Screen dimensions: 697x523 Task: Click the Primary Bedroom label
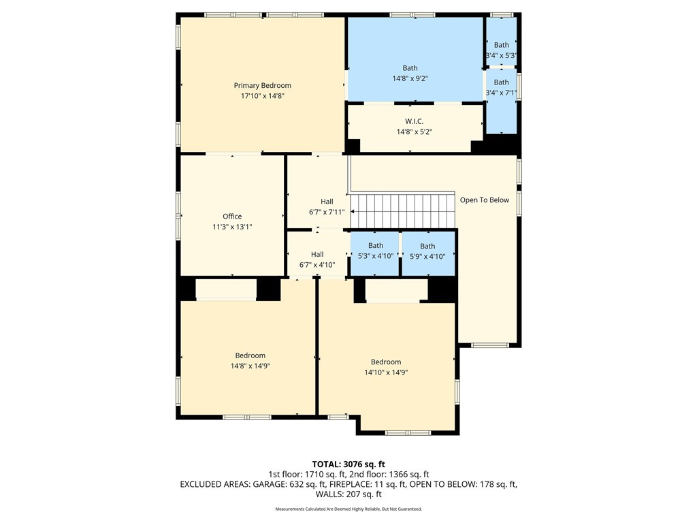pos(262,85)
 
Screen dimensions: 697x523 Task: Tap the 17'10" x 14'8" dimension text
pos(262,95)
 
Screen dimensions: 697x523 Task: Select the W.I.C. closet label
pos(415,121)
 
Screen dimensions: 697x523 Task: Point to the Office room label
pos(232,216)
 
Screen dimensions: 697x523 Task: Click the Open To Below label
pos(485,200)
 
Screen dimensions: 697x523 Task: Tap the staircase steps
pos(403,210)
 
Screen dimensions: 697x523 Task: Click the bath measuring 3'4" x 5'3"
pos(502,41)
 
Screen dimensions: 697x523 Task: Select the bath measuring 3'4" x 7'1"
pos(502,101)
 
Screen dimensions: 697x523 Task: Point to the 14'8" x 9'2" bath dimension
pos(410,79)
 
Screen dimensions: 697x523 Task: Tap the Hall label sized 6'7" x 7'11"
pos(327,202)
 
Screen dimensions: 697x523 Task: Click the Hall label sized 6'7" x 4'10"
pos(317,255)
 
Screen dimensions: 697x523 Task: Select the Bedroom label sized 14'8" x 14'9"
pos(250,355)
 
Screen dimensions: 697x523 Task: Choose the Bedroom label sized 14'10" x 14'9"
pos(386,362)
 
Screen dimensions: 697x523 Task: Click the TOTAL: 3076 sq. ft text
pos(348,464)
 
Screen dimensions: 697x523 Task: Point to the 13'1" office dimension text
pos(244,227)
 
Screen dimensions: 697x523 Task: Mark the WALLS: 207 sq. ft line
pos(348,494)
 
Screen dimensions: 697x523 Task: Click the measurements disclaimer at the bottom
pos(348,509)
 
